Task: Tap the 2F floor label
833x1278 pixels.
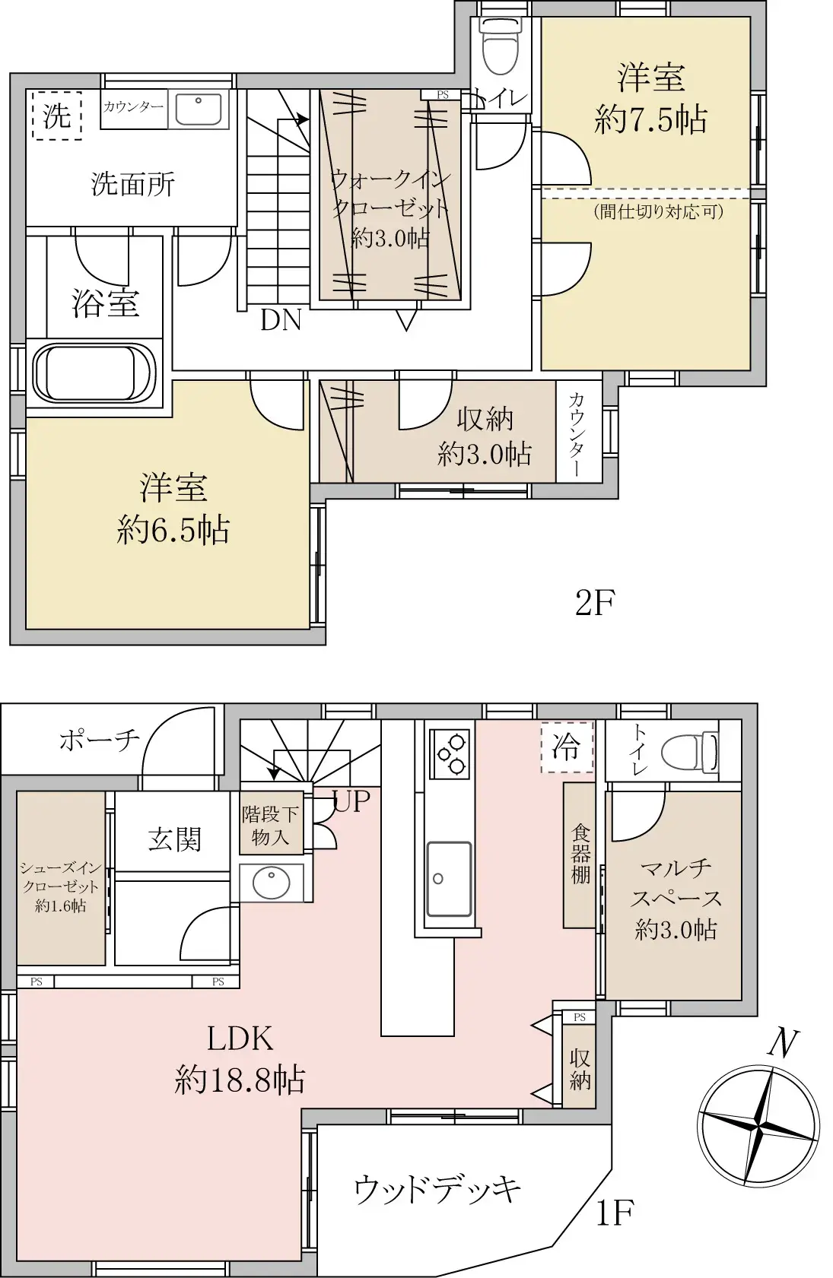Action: point(594,604)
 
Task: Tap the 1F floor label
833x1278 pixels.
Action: point(614,1213)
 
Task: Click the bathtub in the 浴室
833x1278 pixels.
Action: point(94,374)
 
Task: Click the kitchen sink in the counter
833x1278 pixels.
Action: point(449,878)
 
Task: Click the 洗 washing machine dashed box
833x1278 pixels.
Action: point(57,116)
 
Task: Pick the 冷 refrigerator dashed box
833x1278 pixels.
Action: point(566,747)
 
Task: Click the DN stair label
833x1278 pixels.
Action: point(281,320)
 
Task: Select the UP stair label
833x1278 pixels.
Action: point(351,800)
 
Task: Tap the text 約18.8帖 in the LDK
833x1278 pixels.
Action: point(240,1080)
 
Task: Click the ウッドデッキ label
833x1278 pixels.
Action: point(437,1188)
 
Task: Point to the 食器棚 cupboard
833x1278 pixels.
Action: point(580,855)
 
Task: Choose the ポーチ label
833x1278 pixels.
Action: point(99,739)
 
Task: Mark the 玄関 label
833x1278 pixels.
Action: point(175,839)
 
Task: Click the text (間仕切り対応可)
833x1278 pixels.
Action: point(658,211)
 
